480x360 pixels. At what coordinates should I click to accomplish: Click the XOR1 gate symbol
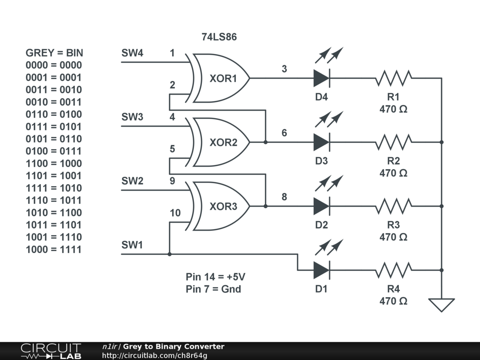pos(220,78)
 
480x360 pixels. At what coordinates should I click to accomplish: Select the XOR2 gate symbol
pos(220,142)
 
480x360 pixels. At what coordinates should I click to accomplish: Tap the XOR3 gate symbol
pos(220,206)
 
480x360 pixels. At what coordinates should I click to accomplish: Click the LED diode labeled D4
pos(322,78)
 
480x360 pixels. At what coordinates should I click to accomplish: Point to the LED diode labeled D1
pos(322,270)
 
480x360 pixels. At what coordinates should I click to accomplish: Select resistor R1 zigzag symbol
pos(394,78)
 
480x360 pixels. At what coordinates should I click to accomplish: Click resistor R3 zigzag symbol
pos(394,206)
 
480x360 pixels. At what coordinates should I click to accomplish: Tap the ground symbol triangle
pos(442,305)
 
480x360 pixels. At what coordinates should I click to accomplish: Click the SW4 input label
pos(132,53)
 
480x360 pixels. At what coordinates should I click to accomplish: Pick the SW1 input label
pos(132,245)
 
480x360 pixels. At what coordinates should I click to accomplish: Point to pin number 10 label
pos(175,213)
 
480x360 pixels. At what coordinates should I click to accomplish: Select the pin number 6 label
pos(284,133)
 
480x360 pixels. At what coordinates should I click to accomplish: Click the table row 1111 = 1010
pos(53,188)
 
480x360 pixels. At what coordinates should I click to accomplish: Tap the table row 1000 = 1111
pos(53,249)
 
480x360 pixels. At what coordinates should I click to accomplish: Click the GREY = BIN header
pos(54,53)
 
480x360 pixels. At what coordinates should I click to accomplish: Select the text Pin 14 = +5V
pos(215,277)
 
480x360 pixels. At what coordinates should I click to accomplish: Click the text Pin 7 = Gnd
pos(213,289)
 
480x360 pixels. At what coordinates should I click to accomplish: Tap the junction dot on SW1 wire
pos(170,254)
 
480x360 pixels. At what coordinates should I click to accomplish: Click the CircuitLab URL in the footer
pos(155,355)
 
